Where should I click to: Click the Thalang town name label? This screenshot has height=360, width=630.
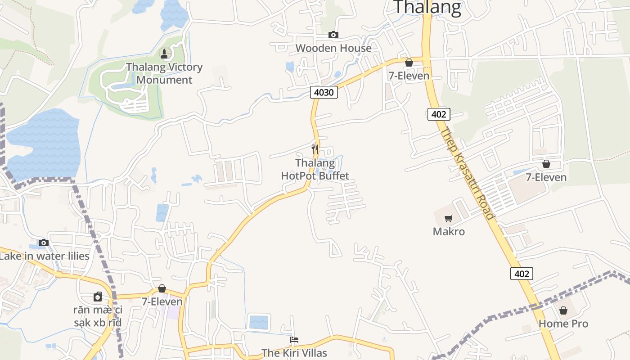427,7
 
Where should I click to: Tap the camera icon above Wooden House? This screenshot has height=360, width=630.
333,35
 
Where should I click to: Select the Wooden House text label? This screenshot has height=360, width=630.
333,48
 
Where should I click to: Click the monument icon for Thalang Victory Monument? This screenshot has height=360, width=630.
164,54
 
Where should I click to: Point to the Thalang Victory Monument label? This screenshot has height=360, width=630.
164,73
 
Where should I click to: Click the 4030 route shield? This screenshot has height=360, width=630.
324,92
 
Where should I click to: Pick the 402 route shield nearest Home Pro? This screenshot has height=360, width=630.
522,273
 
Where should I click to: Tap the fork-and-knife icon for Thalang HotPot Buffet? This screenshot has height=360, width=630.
315,149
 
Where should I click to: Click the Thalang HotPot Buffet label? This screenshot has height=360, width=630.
315,169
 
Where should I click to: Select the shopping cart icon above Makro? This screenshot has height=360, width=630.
448,219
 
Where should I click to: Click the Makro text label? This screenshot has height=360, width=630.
448,232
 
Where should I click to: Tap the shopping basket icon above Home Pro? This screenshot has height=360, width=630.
563,310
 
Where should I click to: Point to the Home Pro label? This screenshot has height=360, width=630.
563,324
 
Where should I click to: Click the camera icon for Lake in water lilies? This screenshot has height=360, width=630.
44,243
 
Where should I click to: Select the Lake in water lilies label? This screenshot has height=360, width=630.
44,256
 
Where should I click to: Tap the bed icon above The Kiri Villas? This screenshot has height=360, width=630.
294,340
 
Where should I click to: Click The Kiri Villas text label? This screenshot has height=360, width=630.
294,353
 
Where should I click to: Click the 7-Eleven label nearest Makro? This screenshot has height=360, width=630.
546,177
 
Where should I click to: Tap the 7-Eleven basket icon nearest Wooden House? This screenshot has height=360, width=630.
409,63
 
